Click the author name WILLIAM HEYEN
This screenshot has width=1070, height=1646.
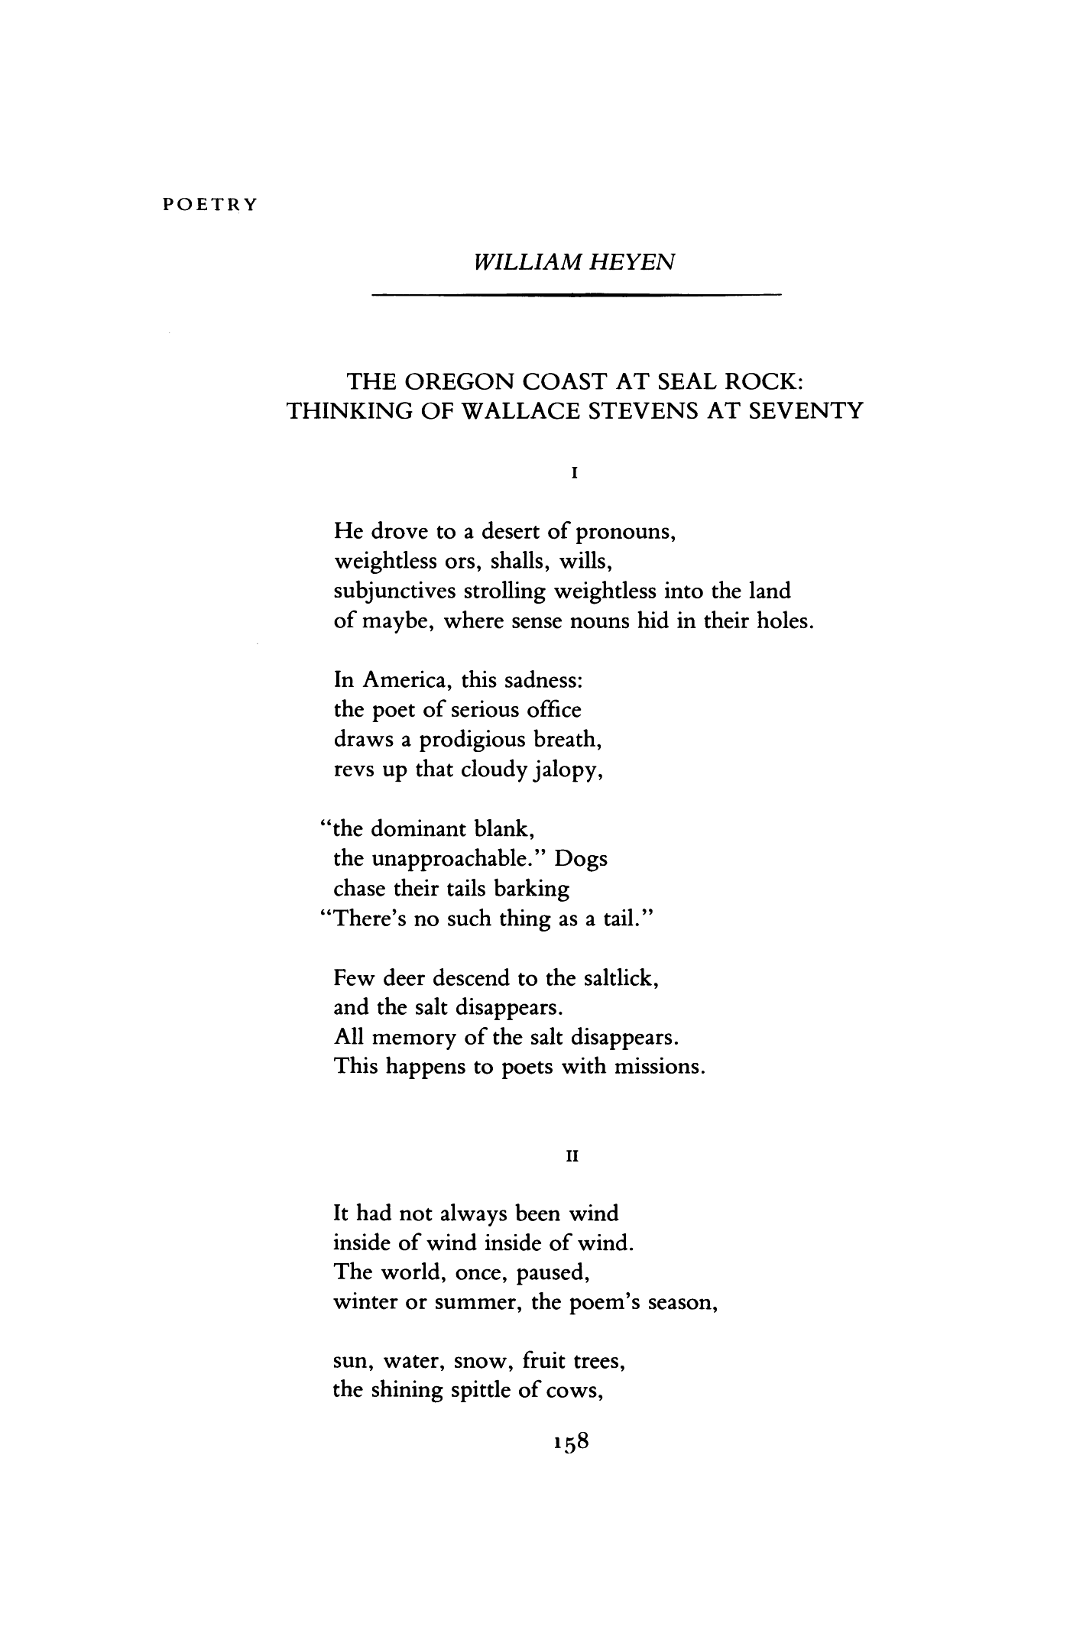(x=575, y=262)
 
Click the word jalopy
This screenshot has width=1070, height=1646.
(x=565, y=770)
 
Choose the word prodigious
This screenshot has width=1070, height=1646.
(x=467, y=740)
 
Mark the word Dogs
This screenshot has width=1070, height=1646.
(x=582, y=859)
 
